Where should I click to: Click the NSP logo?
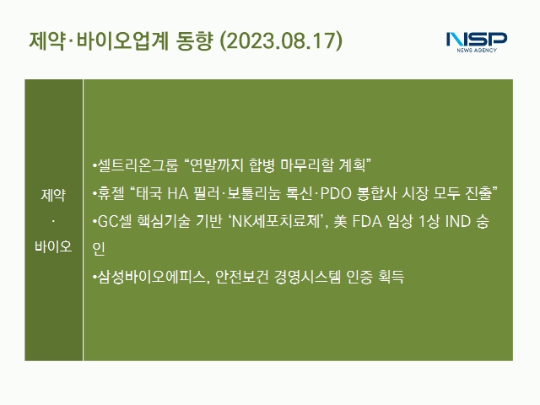(x=477, y=42)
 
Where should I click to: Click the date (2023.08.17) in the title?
(x=281, y=41)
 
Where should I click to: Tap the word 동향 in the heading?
(x=194, y=41)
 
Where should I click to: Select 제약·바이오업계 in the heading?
(x=99, y=41)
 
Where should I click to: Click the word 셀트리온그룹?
(x=138, y=165)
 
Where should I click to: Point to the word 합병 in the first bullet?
(x=262, y=165)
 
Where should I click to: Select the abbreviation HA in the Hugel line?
(x=178, y=193)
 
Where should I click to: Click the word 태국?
(x=149, y=193)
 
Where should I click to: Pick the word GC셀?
(x=115, y=221)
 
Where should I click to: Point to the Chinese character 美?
(x=340, y=221)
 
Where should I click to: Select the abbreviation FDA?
(x=367, y=221)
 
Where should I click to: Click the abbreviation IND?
(x=458, y=221)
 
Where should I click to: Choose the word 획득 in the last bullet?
(x=391, y=277)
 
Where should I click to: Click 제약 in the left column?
(x=53, y=195)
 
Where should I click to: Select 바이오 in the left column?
(x=53, y=246)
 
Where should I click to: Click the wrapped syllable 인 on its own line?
(x=99, y=249)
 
